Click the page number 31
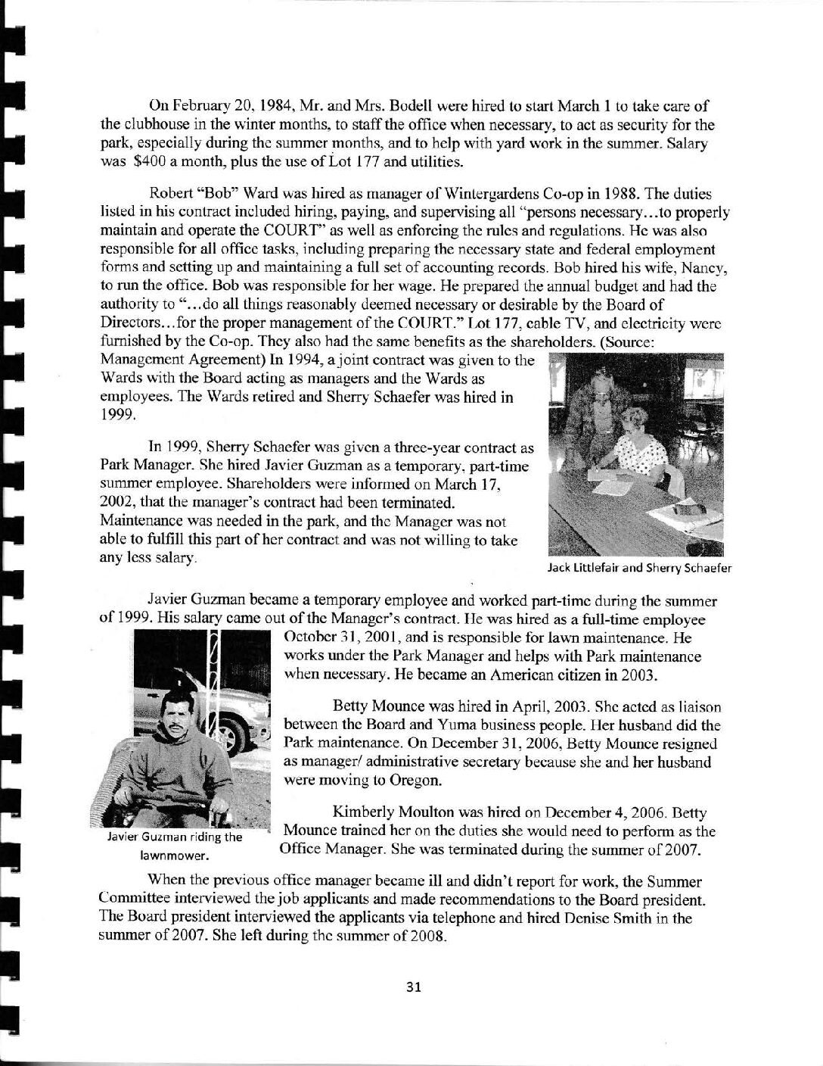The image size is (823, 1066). (412, 987)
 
